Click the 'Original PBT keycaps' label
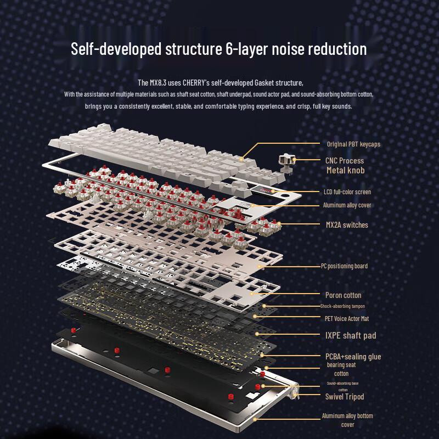pos(353,144)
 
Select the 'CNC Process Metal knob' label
pos(344,165)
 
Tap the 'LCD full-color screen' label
pos(347,192)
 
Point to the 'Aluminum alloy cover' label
pos(347,205)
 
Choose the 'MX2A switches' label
pos(347,224)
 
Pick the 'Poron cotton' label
pos(343,295)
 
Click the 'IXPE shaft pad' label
pos(351,335)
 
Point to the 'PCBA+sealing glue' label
pos(353,357)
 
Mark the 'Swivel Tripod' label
pos(345,397)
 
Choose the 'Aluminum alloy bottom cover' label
pos(347,420)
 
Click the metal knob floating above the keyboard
pos(285,160)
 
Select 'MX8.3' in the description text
pos(161,83)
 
